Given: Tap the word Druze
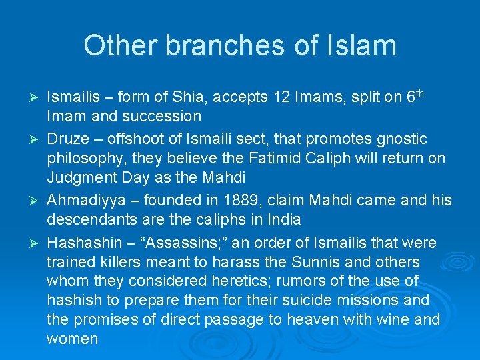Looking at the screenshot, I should [68, 139].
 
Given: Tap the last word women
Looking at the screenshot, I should [72, 339].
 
